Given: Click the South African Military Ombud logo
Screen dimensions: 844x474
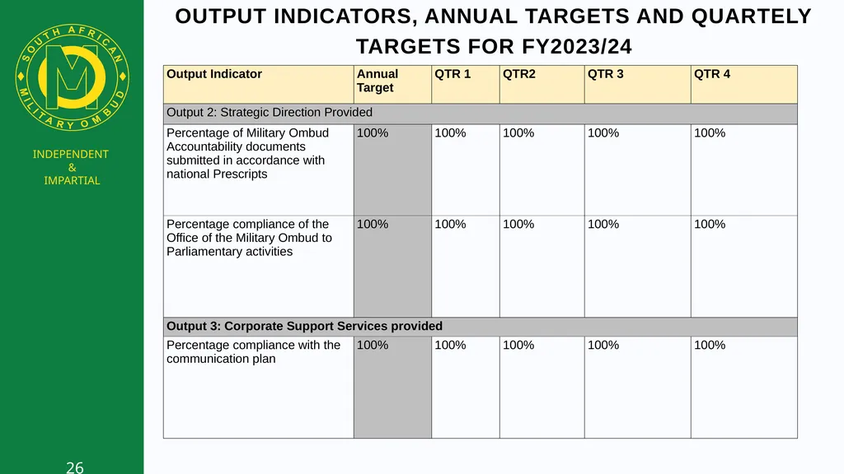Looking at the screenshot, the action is click(x=73, y=77).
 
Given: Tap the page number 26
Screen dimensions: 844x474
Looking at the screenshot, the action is click(x=75, y=467).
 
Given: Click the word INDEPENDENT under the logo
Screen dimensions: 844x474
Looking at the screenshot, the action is click(x=71, y=154).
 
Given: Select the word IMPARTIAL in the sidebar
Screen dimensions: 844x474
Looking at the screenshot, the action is click(x=73, y=180).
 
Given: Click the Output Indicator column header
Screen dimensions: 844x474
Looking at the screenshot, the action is click(x=214, y=74).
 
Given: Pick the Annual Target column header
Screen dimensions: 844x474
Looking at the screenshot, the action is click(x=377, y=81).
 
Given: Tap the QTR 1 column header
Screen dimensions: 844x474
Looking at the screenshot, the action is click(x=452, y=74).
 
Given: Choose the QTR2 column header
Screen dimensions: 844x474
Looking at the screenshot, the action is click(x=519, y=74).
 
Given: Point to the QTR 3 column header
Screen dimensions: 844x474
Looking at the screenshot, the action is click(x=606, y=74).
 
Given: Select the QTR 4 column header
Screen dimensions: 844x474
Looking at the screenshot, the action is click(x=712, y=74).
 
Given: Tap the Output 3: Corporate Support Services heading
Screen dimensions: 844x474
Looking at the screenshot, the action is click(x=305, y=326).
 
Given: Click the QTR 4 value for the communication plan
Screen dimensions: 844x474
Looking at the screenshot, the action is click(x=710, y=345).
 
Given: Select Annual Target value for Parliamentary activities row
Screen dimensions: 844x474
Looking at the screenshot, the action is click(x=373, y=224).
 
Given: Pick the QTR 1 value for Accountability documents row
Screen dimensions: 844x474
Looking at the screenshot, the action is click(x=450, y=132).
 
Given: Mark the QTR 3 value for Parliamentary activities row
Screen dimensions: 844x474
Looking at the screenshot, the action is click(x=603, y=224).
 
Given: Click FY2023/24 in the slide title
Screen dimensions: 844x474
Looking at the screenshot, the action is click(x=576, y=47).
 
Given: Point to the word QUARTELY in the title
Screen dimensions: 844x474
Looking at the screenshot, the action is click(x=752, y=16).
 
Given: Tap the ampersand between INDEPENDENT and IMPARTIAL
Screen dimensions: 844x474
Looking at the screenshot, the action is click(x=73, y=168).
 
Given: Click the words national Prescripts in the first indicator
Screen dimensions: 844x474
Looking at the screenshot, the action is click(x=217, y=174).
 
